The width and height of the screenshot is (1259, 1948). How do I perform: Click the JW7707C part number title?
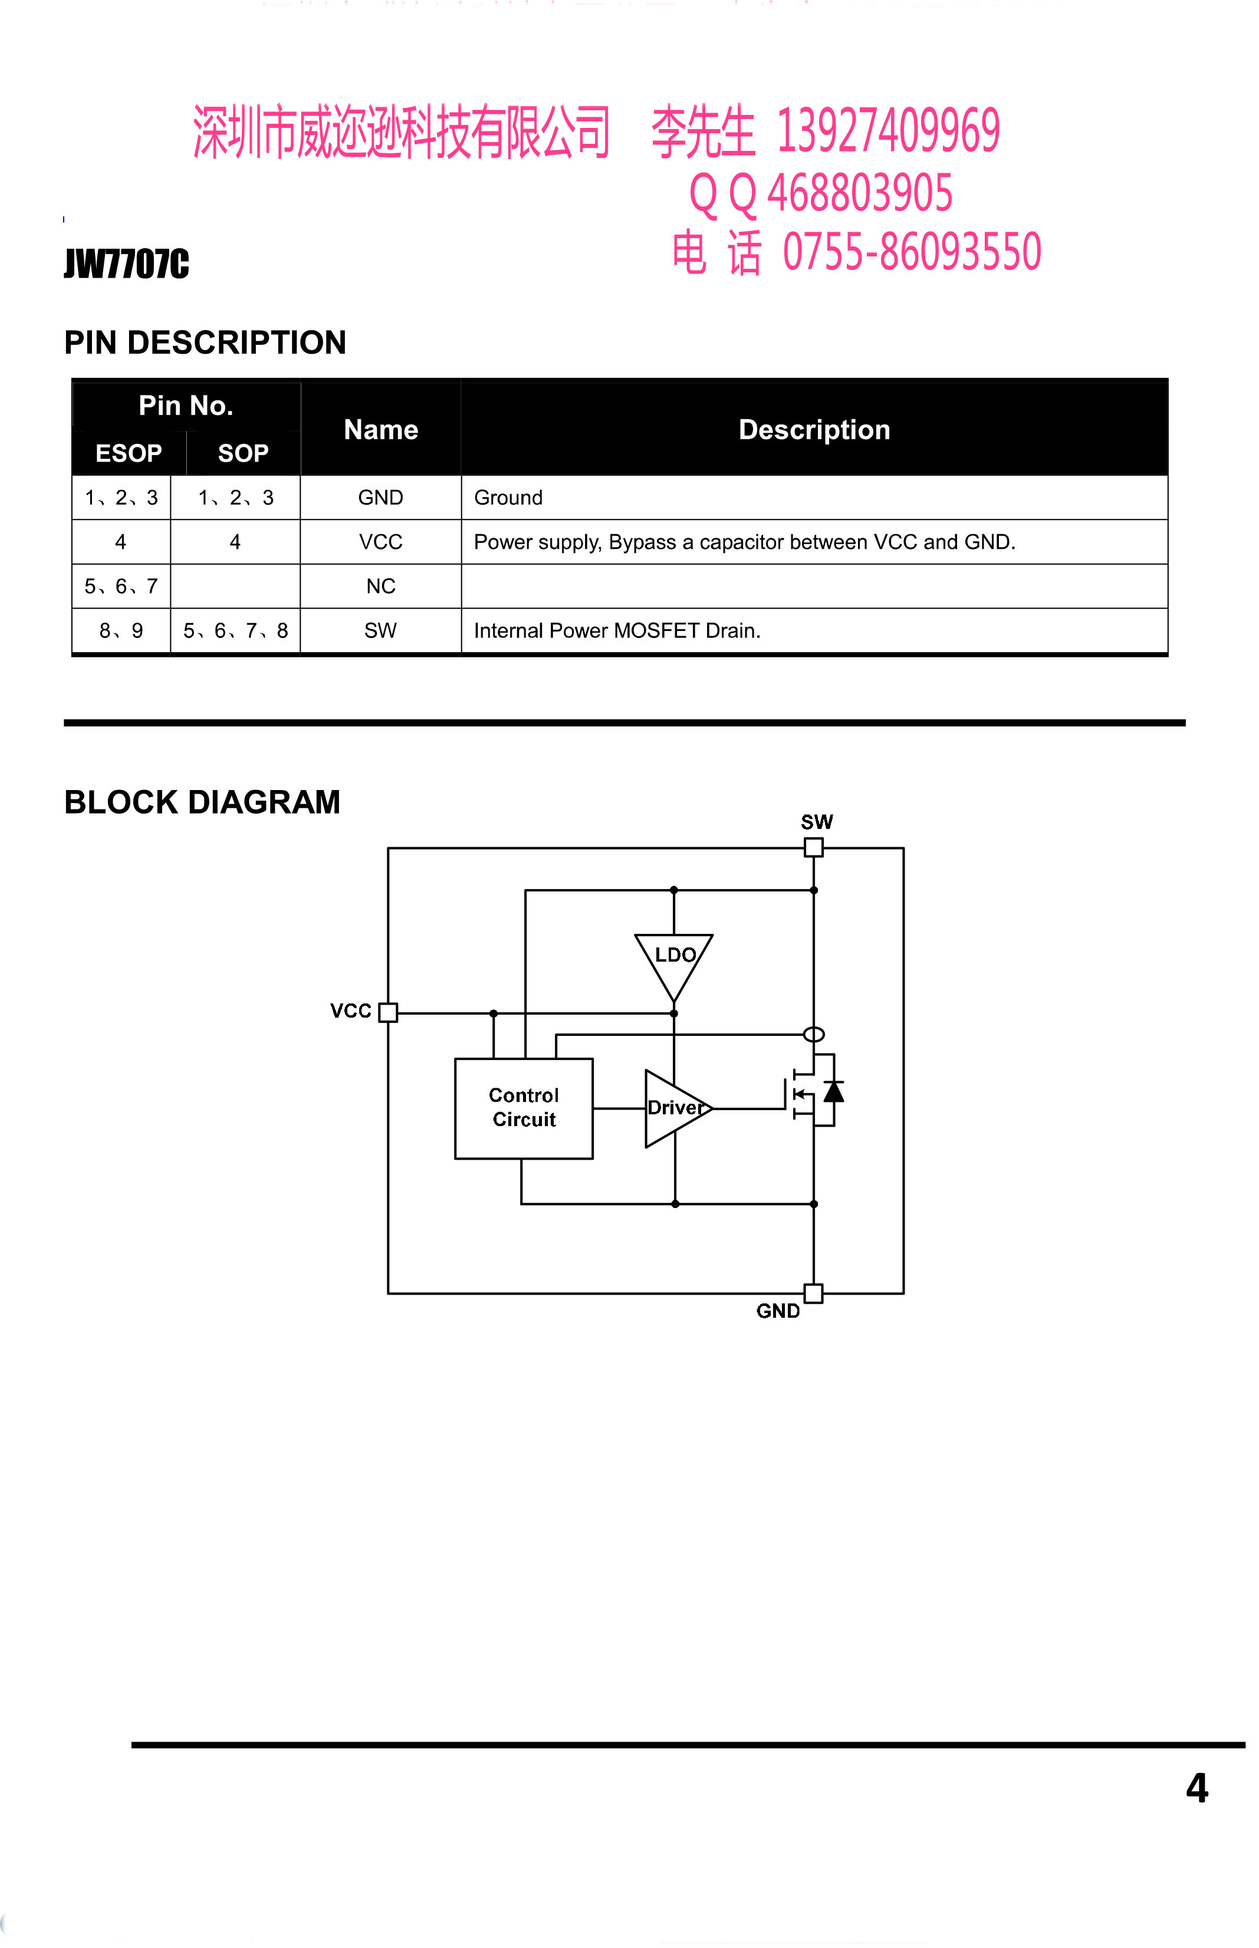click(x=127, y=264)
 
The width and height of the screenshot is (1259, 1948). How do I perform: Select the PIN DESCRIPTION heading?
click(x=205, y=343)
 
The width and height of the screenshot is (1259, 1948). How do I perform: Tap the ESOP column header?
click(x=129, y=453)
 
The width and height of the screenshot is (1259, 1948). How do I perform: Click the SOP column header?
click(x=243, y=453)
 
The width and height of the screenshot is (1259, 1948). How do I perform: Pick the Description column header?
click(x=814, y=430)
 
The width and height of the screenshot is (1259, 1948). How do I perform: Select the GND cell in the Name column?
click(x=381, y=498)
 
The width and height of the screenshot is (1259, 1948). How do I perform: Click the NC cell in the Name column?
click(x=381, y=586)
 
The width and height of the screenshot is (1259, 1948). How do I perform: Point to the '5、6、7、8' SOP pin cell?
click(x=235, y=630)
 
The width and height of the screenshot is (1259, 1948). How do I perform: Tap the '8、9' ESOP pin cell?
click(x=121, y=630)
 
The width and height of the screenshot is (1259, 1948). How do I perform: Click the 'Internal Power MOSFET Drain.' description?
click(x=617, y=630)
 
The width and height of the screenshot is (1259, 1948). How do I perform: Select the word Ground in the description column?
click(x=508, y=498)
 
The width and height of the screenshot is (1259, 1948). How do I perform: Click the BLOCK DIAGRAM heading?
click(x=202, y=802)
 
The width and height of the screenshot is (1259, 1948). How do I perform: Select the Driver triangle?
click(x=678, y=1108)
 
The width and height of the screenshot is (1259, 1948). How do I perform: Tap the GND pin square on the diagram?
click(x=813, y=1293)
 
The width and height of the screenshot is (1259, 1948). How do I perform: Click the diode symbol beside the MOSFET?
click(x=833, y=1091)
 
